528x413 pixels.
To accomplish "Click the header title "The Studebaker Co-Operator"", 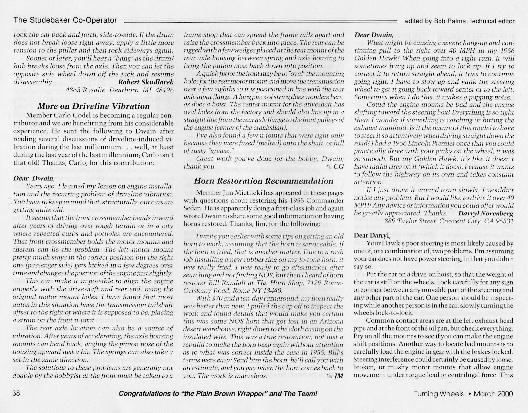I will coord(65,20).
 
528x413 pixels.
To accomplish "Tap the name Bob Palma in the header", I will coord(448,21).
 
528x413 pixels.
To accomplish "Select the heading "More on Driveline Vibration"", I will coord(93,106).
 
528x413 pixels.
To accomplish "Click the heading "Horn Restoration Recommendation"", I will coord(263,181).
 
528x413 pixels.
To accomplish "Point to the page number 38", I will coord(16,393).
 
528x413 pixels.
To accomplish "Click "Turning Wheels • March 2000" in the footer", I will coord(463,394).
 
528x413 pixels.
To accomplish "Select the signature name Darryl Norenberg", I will coord(486,213).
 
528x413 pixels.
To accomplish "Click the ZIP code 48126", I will coord(162,90).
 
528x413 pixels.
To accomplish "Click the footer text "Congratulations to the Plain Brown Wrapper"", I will coord(218,394).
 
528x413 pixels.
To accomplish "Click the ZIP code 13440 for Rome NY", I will coord(272,291).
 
